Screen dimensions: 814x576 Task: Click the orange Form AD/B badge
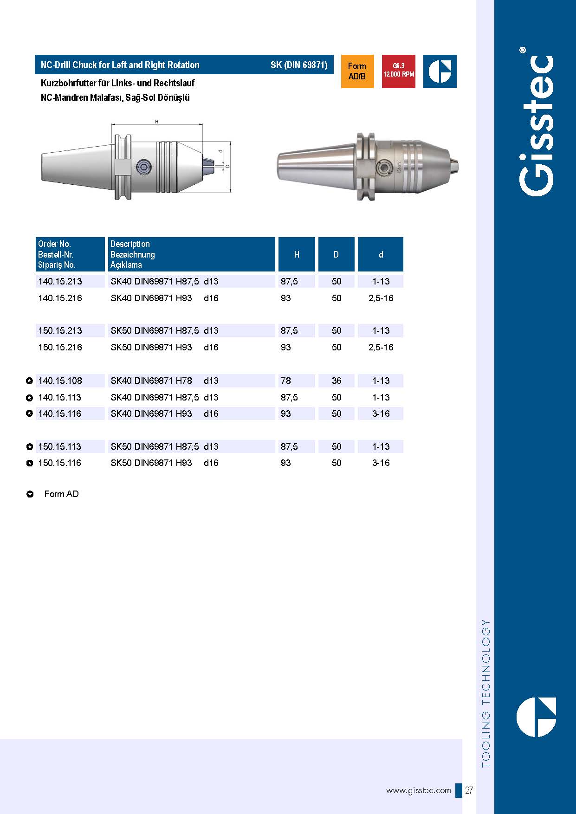[x=357, y=71]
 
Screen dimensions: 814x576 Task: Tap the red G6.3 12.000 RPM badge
[x=399, y=71]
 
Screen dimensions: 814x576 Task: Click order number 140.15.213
[x=60, y=281]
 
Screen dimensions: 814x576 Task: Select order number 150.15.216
[x=60, y=347]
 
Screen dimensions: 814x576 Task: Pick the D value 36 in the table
[x=337, y=381]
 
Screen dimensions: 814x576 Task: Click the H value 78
[x=286, y=381]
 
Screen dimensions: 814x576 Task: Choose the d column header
[x=381, y=254]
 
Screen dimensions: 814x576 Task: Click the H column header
[x=297, y=254]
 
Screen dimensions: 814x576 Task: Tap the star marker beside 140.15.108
[x=30, y=381]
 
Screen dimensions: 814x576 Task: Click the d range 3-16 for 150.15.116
[x=381, y=463]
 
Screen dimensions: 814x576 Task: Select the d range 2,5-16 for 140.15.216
[x=381, y=298]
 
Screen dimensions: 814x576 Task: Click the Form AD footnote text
[x=61, y=494]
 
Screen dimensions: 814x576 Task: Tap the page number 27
[x=469, y=790]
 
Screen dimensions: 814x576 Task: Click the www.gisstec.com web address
[x=418, y=790]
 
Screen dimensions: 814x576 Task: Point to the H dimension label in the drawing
[x=157, y=122]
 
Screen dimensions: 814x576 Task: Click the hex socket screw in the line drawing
[x=143, y=166]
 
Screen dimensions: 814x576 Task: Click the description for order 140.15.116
[x=164, y=413]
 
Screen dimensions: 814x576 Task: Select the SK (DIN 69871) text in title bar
[x=299, y=65]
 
